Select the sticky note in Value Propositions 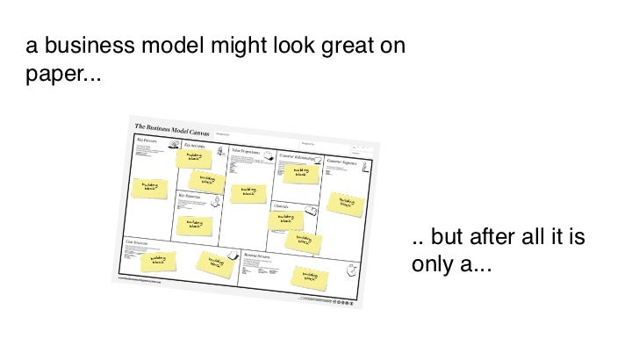248,191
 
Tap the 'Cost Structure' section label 137,240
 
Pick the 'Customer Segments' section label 343,161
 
